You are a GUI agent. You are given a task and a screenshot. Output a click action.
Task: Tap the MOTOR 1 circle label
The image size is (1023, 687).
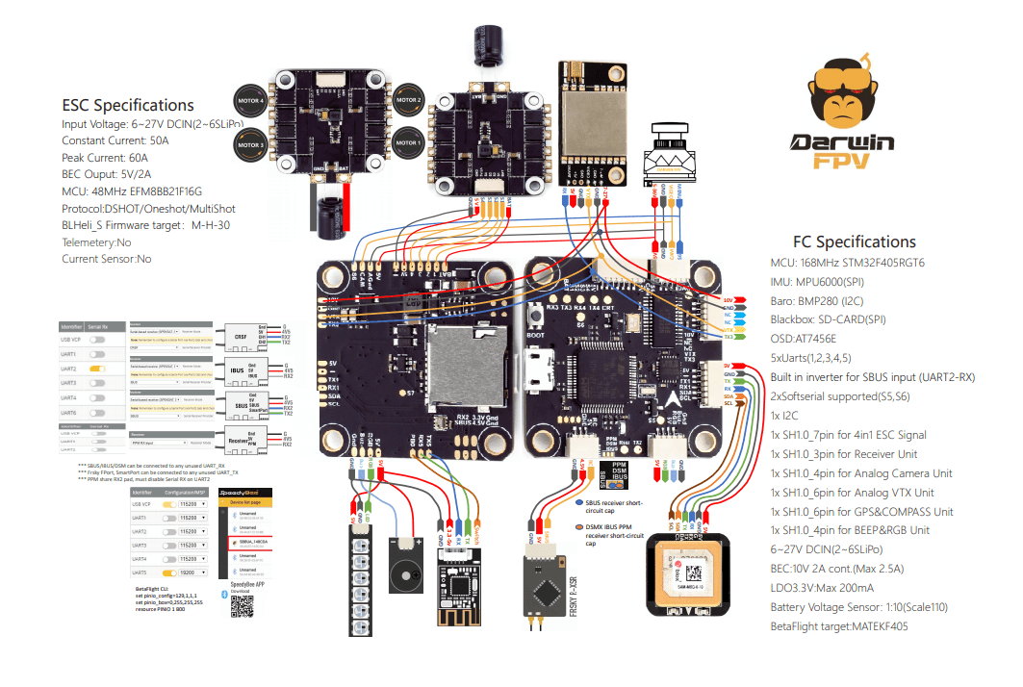(408, 143)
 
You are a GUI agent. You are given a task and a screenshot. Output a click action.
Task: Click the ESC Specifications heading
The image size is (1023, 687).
(128, 106)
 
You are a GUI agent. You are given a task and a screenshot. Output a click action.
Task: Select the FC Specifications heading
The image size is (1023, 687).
(854, 242)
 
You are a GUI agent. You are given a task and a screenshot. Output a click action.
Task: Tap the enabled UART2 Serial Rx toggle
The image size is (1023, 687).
(96, 369)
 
